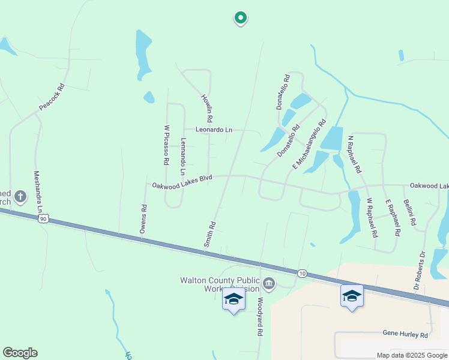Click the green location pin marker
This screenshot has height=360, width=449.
(x=240, y=18)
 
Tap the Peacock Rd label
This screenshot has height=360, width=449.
(x=51, y=98)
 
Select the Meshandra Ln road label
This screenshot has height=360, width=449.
(x=38, y=190)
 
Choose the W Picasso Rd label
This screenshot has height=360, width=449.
(x=166, y=145)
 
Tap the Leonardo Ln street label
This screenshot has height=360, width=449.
(x=214, y=130)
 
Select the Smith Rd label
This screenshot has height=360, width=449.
(x=209, y=235)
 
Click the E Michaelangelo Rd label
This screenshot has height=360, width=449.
(x=309, y=143)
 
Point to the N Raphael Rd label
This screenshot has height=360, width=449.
(x=355, y=154)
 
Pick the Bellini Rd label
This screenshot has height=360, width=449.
(x=410, y=212)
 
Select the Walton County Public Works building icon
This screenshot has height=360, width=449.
(x=269, y=283)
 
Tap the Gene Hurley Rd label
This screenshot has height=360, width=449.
(x=405, y=334)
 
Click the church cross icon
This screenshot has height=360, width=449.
(x=20, y=196)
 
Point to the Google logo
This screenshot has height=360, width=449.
(x=20, y=353)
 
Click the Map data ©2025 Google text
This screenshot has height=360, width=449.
(x=411, y=355)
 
